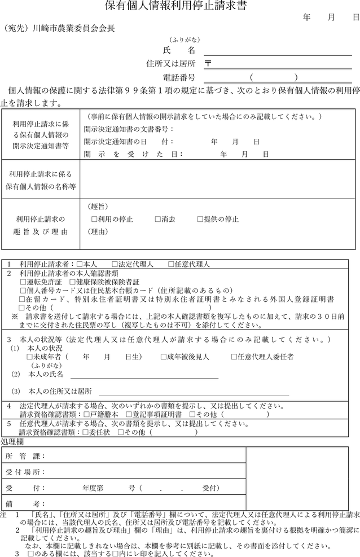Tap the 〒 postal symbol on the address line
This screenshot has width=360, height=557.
click(x=208, y=64)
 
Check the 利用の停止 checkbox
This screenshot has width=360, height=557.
click(x=94, y=219)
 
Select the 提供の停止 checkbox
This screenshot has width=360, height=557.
click(x=200, y=219)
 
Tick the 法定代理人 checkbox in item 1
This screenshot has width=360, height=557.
click(x=115, y=264)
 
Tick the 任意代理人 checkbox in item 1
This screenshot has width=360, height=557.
click(x=171, y=264)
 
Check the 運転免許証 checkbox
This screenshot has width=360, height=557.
click(x=22, y=282)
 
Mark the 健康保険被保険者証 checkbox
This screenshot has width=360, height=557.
click(x=72, y=282)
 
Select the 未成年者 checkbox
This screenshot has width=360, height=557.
click(x=30, y=357)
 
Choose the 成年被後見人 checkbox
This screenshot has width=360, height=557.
click(x=163, y=357)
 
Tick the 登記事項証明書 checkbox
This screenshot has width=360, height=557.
click(x=129, y=414)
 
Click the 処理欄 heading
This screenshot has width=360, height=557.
click(x=12, y=441)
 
